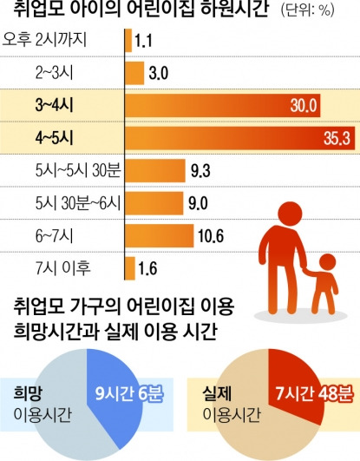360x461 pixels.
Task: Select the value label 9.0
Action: pyautogui.click(x=197, y=203)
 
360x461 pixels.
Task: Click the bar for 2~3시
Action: pyautogui.click(x=135, y=72)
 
